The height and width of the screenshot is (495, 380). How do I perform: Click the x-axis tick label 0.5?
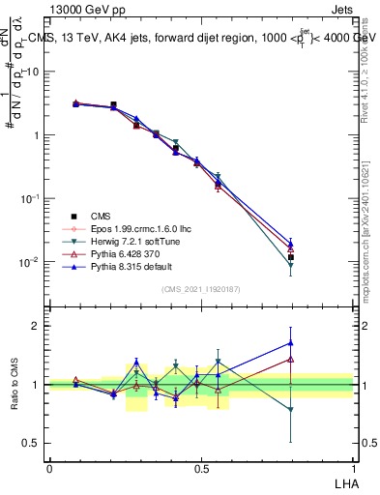click(200, 467)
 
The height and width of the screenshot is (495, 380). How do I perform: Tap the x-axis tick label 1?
click(353, 467)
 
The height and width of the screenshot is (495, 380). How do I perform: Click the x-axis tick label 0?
click(49, 467)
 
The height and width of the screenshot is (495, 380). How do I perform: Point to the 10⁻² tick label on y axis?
click(31, 262)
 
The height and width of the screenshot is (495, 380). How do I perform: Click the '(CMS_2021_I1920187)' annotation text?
click(201, 289)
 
